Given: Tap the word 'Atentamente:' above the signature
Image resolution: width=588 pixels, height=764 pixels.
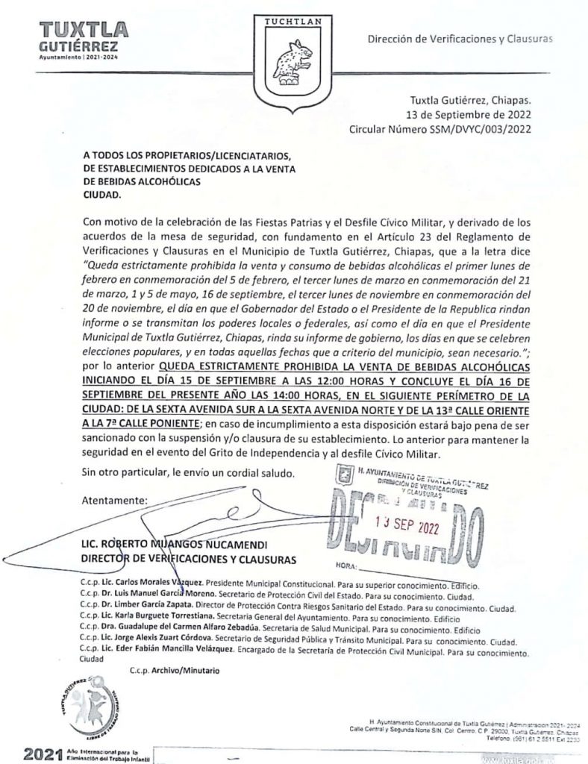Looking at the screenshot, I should pyautogui.click(x=115, y=499).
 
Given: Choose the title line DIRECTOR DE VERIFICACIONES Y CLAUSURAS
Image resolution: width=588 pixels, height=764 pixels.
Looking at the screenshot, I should pyautogui.click(x=190, y=558).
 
